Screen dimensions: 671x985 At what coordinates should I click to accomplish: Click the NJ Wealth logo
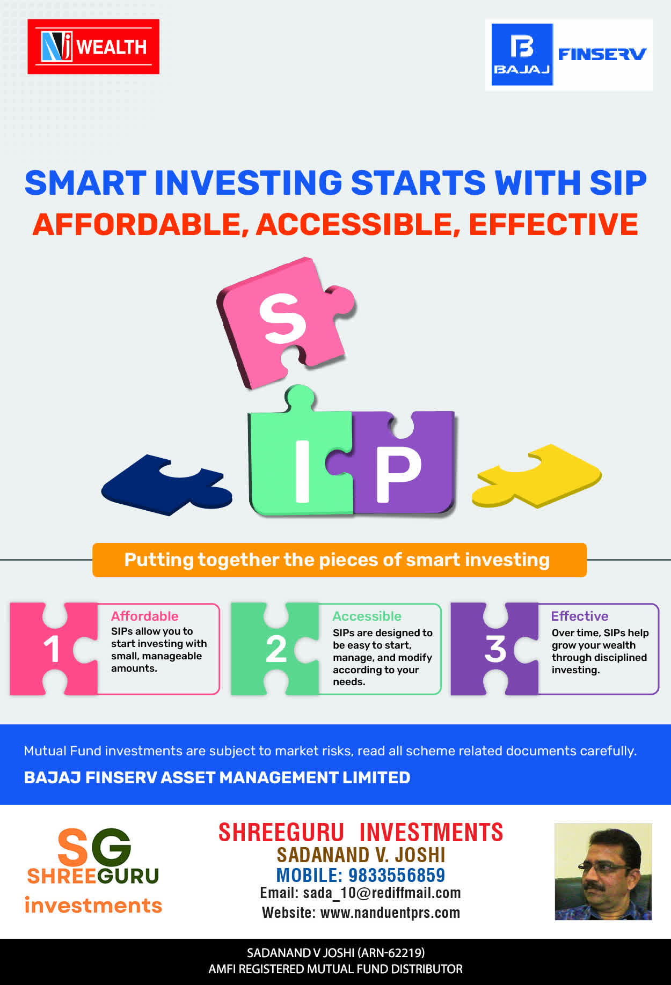(x=93, y=47)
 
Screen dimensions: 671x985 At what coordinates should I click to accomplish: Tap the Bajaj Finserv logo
(x=569, y=55)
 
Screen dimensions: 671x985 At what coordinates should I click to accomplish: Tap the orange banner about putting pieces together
(x=339, y=560)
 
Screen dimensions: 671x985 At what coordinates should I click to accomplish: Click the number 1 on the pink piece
(x=52, y=649)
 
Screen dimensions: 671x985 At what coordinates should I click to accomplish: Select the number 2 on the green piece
(x=276, y=649)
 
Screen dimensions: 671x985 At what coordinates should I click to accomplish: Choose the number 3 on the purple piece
(x=495, y=649)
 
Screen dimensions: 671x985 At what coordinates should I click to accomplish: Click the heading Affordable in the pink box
(x=145, y=616)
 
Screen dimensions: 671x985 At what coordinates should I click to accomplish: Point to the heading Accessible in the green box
(x=367, y=616)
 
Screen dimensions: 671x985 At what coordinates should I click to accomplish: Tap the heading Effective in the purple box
(x=580, y=616)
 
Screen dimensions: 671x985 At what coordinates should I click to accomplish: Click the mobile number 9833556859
(x=397, y=875)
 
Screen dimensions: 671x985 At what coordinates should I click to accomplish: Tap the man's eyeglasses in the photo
(x=604, y=866)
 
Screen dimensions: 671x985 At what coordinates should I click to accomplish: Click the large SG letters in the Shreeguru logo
(x=94, y=847)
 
